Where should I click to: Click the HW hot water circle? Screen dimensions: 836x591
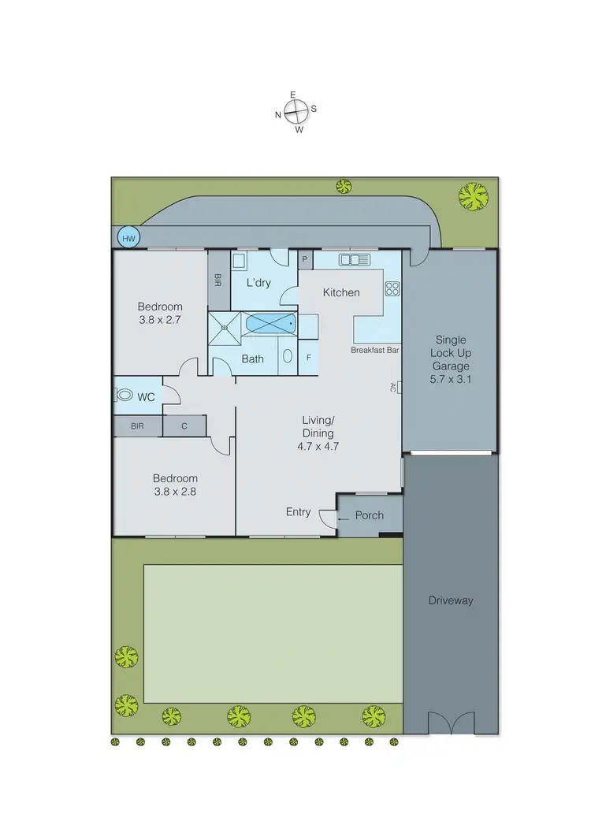(128, 237)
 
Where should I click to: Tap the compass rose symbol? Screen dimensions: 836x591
(295, 113)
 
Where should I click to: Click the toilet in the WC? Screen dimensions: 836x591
(125, 397)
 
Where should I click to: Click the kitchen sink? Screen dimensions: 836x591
(354, 259)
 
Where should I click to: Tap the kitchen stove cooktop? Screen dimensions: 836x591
(392, 288)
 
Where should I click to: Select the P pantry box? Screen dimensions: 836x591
(306, 259)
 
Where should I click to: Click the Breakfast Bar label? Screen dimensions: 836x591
(374, 350)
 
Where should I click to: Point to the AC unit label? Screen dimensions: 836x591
(393, 387)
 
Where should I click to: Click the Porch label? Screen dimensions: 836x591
(369, 515)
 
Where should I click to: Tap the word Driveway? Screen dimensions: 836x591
(451, 600)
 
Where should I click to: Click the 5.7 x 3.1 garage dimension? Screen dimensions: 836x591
(450, 379)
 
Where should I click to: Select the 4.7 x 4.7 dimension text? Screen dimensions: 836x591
(318, 446)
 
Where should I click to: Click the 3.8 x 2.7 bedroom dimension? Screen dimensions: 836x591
(160, 320)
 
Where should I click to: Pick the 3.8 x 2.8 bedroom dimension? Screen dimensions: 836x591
(175, 492)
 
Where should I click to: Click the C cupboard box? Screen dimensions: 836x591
(184, 426)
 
